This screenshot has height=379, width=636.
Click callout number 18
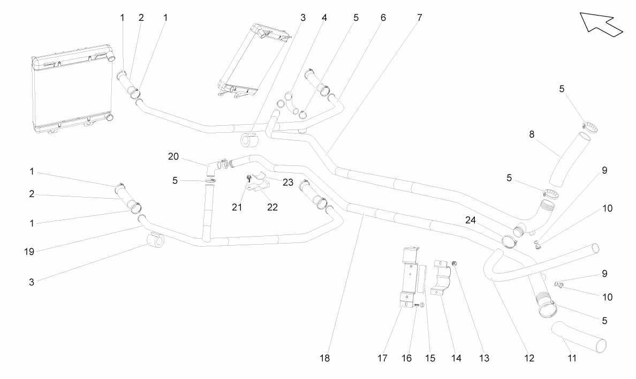pyautogui.click(x=324, y=358)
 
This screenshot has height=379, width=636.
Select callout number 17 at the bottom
pyautogui.click(x=382, y=358)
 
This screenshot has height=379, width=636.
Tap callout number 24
pyautogui.click(x=471, y=220)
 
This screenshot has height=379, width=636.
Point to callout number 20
pyautogui.click(x=173, y=156)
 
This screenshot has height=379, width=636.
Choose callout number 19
pyautogui.click(x=29, y=252)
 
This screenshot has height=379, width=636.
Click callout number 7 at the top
pyautogui.click(x=419, y=18)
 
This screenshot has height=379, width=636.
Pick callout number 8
pyautogui.click(x=532, y=134)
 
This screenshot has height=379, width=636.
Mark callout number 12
pyautogui.click(x=529, y=358)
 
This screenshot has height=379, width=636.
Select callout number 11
pyautogui.click(x=572, y=358)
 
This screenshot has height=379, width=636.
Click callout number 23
pyautogui.click(x=288, y=182)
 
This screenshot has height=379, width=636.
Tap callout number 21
pyautogui.click(x=237, y=207)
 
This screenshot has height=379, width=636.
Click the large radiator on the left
pyautogui.click(x=72, y=89)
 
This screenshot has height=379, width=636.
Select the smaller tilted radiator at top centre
pyautogui.click(x=255, y=60)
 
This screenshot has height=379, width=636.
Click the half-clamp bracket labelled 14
pyautogui.click(x=441, y=277)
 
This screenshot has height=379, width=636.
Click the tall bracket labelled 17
pyautogui.click(x=409, y=279)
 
